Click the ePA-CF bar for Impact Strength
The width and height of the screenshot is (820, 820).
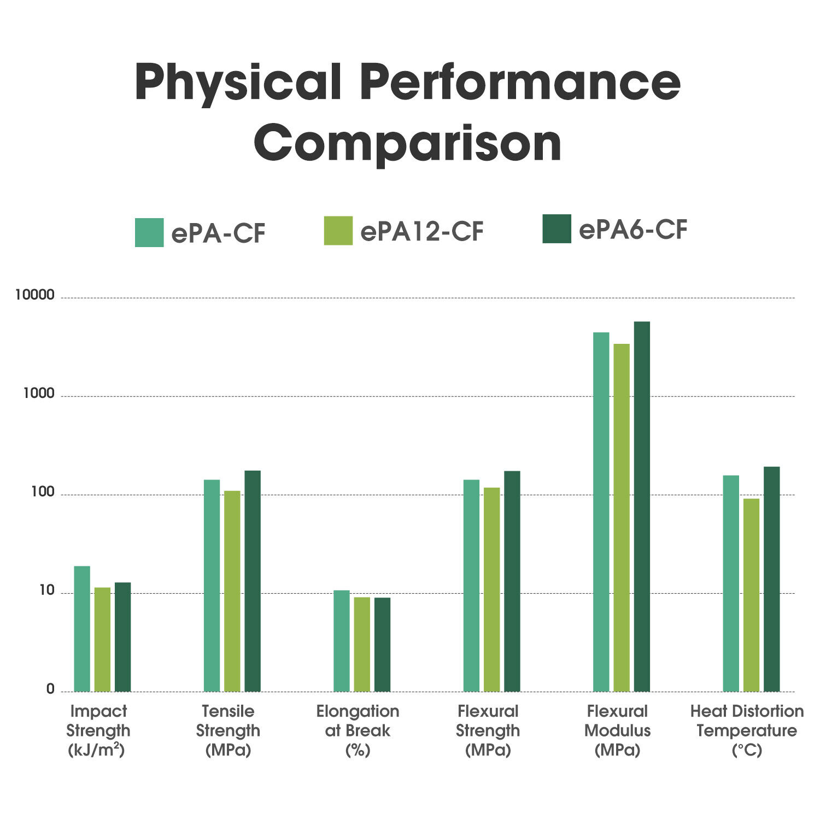[82, 629]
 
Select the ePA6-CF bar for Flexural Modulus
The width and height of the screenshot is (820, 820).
[642, 506]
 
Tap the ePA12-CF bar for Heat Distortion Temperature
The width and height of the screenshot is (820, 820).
[751, 595]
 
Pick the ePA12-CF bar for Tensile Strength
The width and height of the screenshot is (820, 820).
[232, 591]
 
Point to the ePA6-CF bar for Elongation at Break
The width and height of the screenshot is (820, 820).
[382, 645]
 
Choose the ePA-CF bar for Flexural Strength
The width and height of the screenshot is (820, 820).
[471, 585]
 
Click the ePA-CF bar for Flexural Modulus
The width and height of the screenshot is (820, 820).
[601, 512]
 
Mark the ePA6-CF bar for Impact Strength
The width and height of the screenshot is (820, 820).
[122, 637]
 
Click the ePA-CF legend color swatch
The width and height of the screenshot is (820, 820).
[149, 232]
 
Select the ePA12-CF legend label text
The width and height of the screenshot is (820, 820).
[421, 232]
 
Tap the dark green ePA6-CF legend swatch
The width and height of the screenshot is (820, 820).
[557, 229]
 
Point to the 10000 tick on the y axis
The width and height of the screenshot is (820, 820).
[35, 295]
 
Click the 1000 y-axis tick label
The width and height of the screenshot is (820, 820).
[39, 394]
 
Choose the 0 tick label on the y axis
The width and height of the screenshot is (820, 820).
[50, 689]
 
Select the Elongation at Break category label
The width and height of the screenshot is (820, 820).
[358, 730]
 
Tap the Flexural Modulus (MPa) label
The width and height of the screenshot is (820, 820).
[617, 730]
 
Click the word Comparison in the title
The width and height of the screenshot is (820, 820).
[408, 143]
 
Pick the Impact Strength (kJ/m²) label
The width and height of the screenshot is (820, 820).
[98, 730]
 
